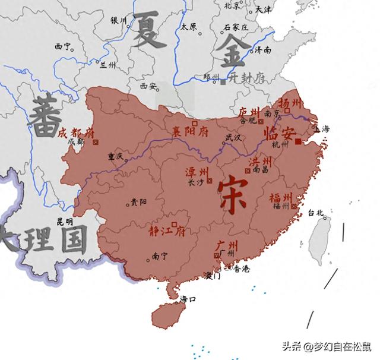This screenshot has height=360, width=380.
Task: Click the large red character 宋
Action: (232, 194)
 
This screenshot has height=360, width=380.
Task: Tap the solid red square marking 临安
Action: (298, 141)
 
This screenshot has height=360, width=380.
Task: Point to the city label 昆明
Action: (65, 222)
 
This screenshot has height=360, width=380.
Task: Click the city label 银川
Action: (119, 20)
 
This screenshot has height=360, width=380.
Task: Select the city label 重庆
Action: (115, 157)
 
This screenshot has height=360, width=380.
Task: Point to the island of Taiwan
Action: (323, 234)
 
